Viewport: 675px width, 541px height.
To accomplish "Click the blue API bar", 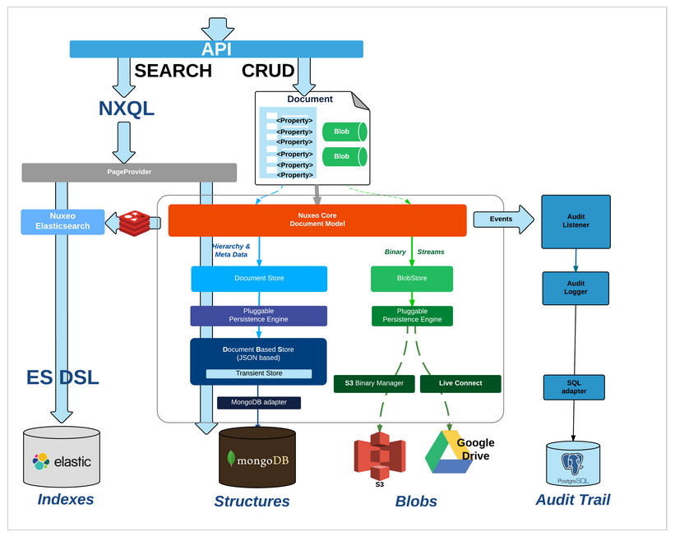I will pos(215,49).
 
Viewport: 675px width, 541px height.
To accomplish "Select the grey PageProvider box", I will pos(129,173).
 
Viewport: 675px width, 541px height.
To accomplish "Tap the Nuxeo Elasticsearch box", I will pos(62,220).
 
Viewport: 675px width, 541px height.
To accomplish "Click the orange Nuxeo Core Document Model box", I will pos(317,220).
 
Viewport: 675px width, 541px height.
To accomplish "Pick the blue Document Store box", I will pos(259,279).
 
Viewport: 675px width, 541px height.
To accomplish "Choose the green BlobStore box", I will pos(411,279).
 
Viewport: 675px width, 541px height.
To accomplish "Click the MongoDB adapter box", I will pos(258,403).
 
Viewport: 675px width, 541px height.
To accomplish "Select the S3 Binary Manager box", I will pos(375,384).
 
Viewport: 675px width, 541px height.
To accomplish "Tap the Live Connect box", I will pos(460,384).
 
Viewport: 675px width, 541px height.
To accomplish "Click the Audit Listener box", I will pos(576,220).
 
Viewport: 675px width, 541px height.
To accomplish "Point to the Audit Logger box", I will pos(576,288).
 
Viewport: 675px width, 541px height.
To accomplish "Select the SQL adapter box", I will pos(575,386).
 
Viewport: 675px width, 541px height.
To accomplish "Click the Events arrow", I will pos(502,220).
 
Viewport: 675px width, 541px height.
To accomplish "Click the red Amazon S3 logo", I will pos(379,456).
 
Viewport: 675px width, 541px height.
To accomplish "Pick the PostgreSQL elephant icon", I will pos(574,461).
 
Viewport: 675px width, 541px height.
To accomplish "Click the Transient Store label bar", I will pos(259,374).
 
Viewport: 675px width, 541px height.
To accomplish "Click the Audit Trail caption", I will pos(572,499).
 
